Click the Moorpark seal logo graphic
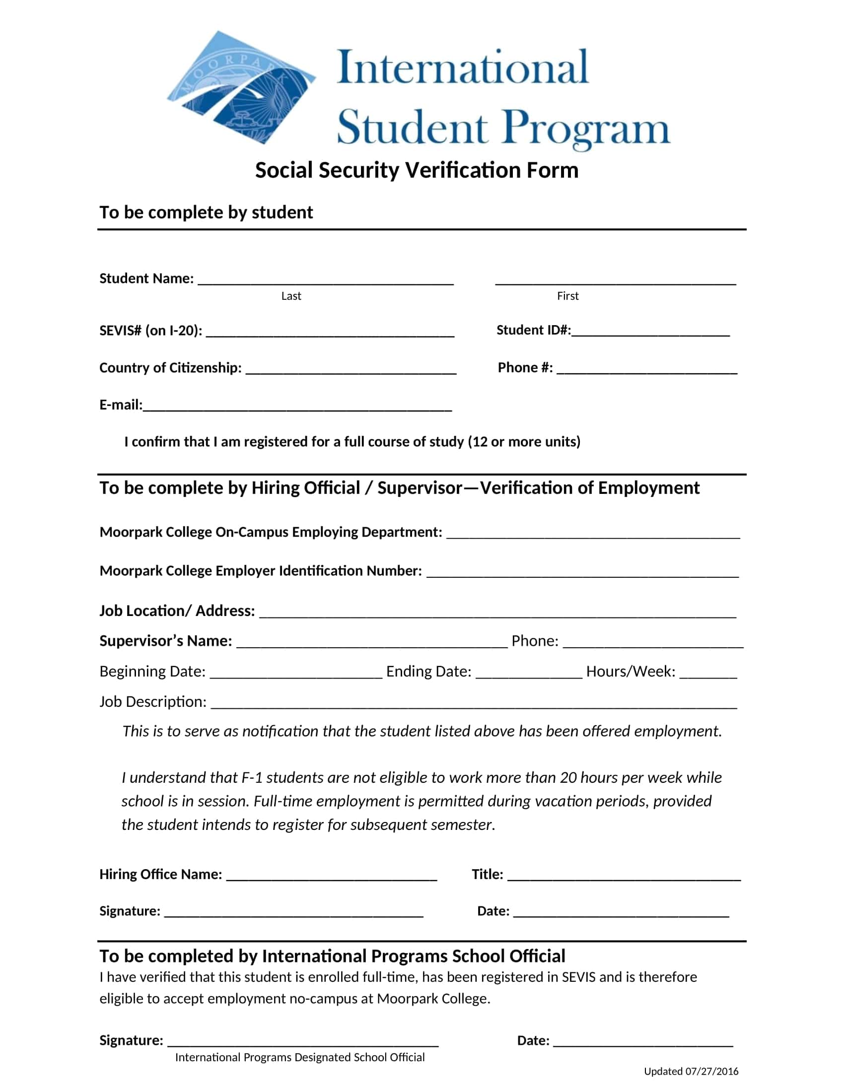pos(240,87)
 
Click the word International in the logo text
pos(463,68)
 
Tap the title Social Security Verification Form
pos(417,170)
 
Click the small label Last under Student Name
pos(291,296)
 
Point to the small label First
pos(567,296)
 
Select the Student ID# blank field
pos(650,332)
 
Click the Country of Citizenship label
pos(170,368)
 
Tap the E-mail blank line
pos(297,407)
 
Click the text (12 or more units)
pos(524,442)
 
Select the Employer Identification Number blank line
pos(582,573)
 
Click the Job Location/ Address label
pos(177,611)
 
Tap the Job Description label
pos(152,702)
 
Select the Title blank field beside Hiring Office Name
pos(624,877)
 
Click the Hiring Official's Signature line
pos(293,913)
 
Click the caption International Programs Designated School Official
pos(299,1057)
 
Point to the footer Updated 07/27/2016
pos(691,1071)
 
